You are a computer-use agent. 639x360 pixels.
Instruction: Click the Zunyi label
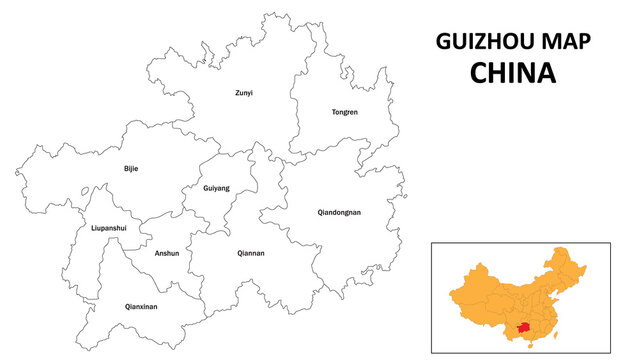[244, 93]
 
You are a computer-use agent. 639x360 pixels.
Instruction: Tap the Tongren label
[344, 112]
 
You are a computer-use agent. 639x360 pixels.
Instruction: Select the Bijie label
[131, 168]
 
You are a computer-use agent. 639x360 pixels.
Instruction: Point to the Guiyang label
[216, 188]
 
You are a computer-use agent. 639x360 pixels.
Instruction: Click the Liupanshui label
[108, 228]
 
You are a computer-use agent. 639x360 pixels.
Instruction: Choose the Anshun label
[167, 253]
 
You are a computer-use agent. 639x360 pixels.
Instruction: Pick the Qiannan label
[251, 253]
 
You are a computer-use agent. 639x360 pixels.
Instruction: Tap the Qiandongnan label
[339, 212]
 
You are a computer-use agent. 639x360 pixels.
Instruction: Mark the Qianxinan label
[141, 306]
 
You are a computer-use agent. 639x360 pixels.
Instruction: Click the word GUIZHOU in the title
[476, 41]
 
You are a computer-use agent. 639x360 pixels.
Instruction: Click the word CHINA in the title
[513, 73]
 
